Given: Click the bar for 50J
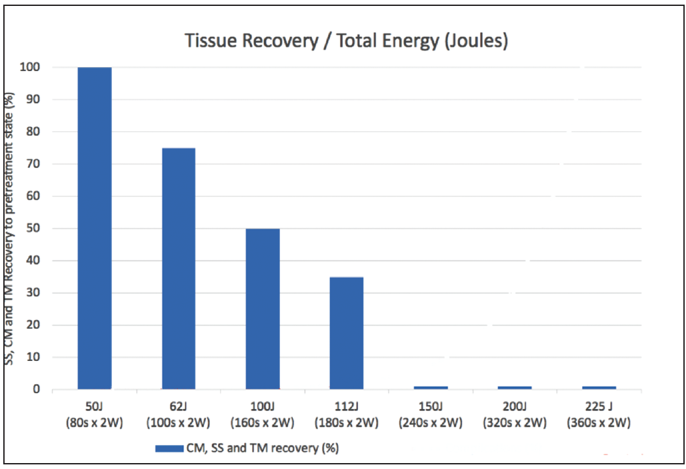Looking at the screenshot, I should [x=94, y=228].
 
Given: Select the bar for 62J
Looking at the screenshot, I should [x=178, y=268].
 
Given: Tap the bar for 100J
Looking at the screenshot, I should [x=263, y=308].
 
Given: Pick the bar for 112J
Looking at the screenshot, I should [x=346, y=333].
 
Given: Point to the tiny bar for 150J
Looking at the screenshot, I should [x=431, y=387].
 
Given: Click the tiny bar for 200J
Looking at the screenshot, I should [x=515, y=387].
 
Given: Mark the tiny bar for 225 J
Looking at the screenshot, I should [x=598, y=387].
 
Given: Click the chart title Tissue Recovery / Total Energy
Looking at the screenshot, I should [x=346, y=41].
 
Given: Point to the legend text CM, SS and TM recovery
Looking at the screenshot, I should [x=267, y=449].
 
